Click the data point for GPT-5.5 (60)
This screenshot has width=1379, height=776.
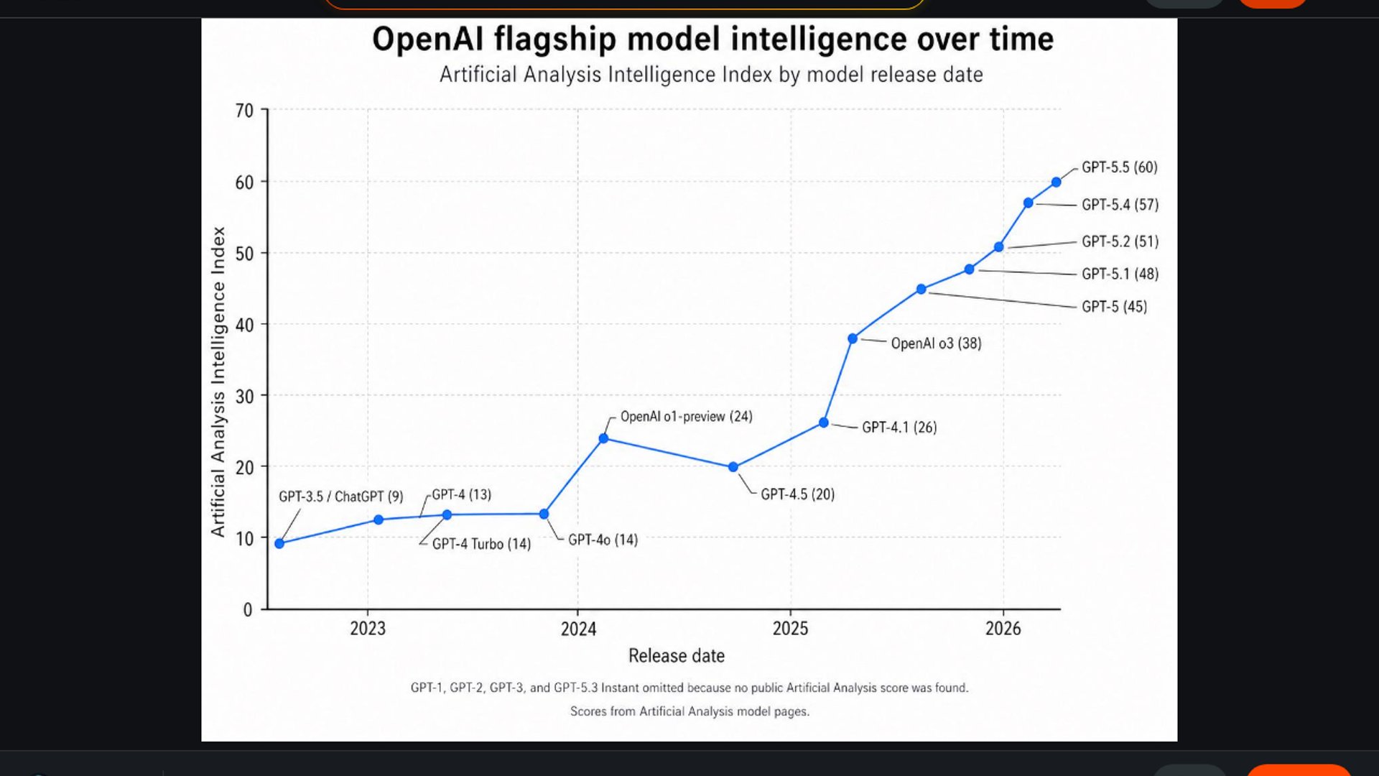1056,183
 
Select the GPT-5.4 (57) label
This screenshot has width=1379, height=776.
1120,205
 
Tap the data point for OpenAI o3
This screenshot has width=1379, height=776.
853,338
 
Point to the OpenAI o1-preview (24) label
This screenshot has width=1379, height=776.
686,417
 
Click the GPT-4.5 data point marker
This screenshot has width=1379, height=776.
733,467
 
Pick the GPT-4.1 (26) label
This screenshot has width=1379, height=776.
899,428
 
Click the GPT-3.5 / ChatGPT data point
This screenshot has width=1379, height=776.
279,544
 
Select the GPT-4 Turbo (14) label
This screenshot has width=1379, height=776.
481,544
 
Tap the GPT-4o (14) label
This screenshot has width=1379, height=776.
603,540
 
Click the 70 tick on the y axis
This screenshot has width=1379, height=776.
244,111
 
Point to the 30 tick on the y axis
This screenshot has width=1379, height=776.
244,396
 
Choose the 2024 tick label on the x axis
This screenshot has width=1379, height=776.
578,629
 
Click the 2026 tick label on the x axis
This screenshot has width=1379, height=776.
1003,629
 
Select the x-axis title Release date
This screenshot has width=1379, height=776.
676,655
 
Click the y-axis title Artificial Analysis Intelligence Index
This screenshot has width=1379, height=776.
218,382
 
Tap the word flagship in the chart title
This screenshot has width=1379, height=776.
554,40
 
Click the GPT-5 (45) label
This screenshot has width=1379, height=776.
1114,307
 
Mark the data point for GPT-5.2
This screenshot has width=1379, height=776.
998,247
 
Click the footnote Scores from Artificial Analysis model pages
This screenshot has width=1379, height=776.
689,711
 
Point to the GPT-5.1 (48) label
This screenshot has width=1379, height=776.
1120,274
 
